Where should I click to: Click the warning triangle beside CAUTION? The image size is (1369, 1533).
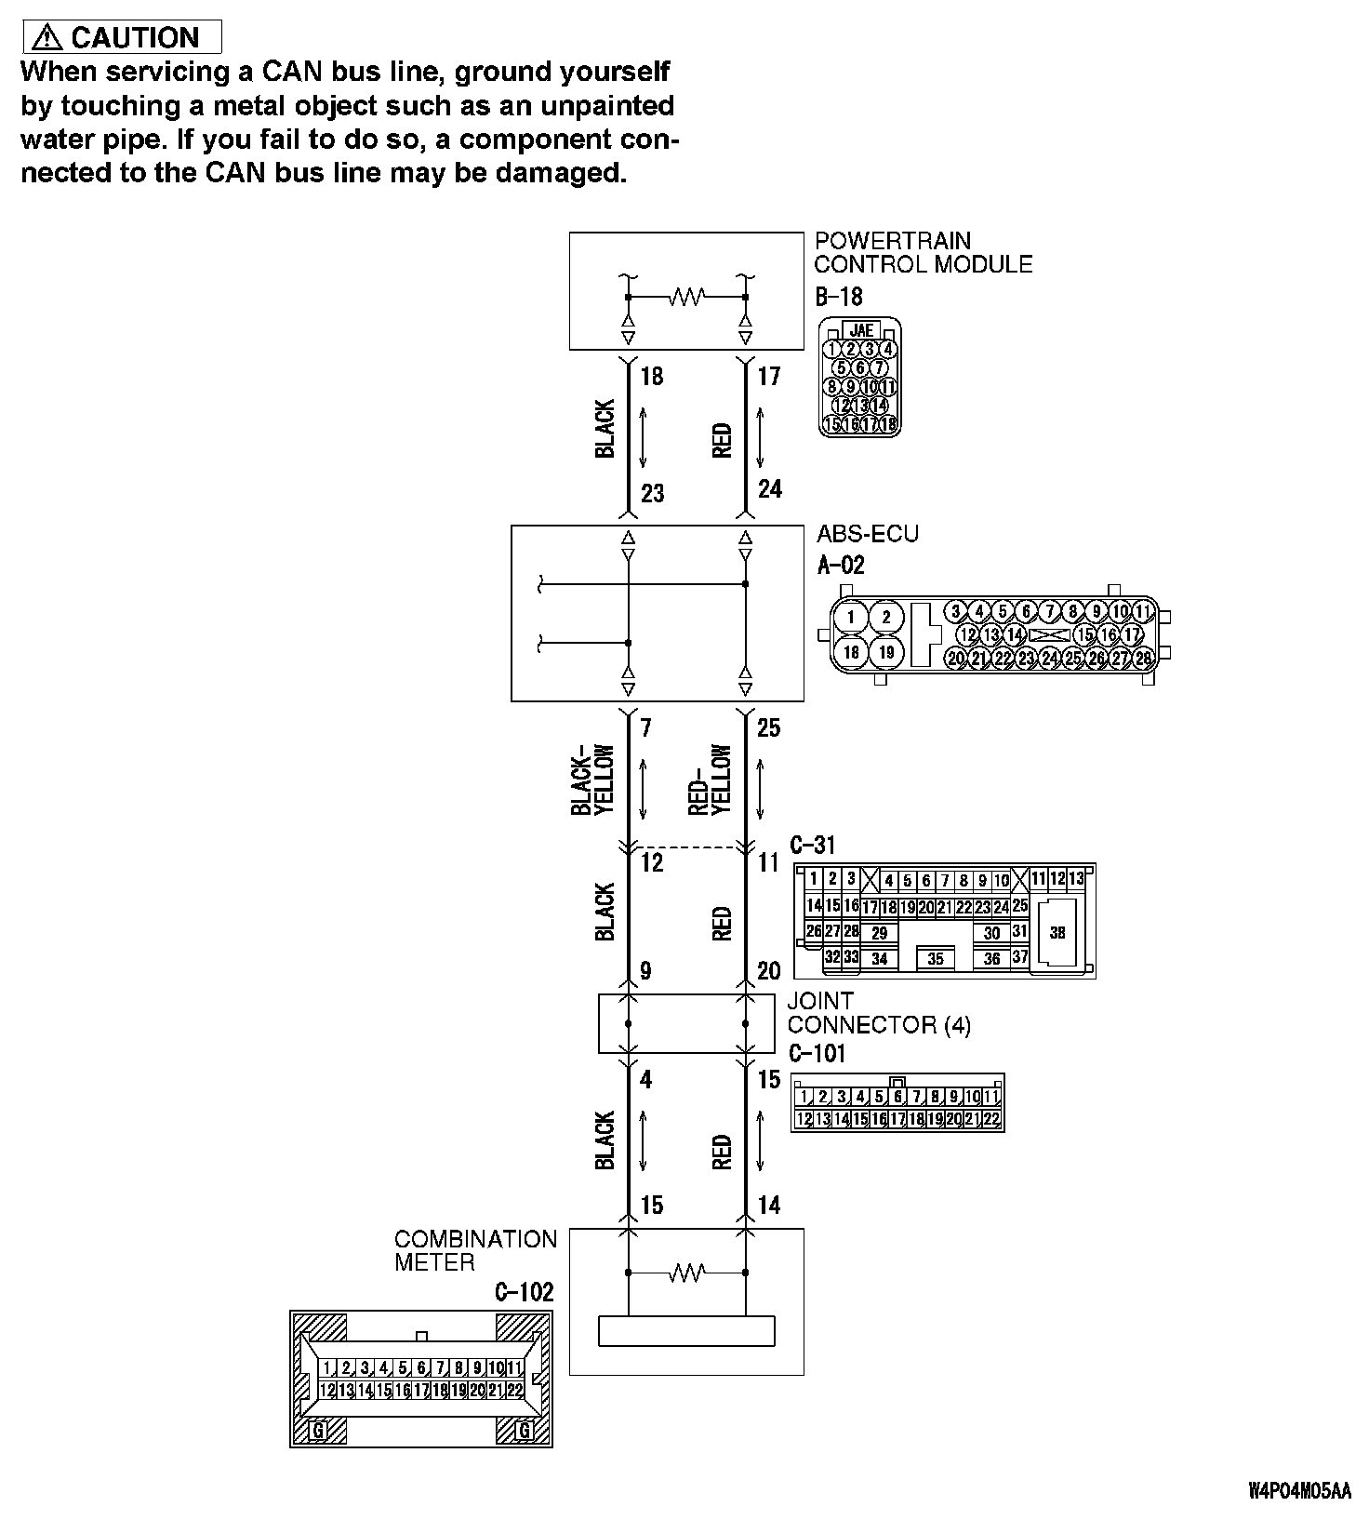click(47, 37)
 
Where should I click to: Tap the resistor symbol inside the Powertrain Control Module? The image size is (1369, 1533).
click(687, 297)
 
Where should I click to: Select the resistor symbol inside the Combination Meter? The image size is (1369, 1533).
click(687, 1272)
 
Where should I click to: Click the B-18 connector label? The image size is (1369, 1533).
click(839, 297)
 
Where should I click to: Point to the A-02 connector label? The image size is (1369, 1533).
click(841, 565)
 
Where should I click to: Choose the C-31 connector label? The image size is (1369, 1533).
click(813, 845)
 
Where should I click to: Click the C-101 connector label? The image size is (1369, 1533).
click(817, 1053)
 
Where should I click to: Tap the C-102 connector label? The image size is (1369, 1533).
click(525, 1291)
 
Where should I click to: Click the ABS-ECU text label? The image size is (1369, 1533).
click(868, 534)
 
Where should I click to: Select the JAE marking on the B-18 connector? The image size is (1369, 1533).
click(861, 330)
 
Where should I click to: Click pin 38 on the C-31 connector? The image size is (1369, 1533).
click(1057, 932)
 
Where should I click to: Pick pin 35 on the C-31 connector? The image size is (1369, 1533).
click(936, 958)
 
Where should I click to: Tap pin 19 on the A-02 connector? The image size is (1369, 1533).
click(886, 651)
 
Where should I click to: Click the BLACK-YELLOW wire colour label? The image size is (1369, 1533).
click(593, 780)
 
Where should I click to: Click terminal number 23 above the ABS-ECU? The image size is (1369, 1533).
click(653, 492)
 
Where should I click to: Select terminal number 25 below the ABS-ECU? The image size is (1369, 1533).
click(768, 727)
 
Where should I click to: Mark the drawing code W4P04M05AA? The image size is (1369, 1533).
click(1299, 1517)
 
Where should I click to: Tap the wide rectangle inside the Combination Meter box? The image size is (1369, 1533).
click(687, 1331)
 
